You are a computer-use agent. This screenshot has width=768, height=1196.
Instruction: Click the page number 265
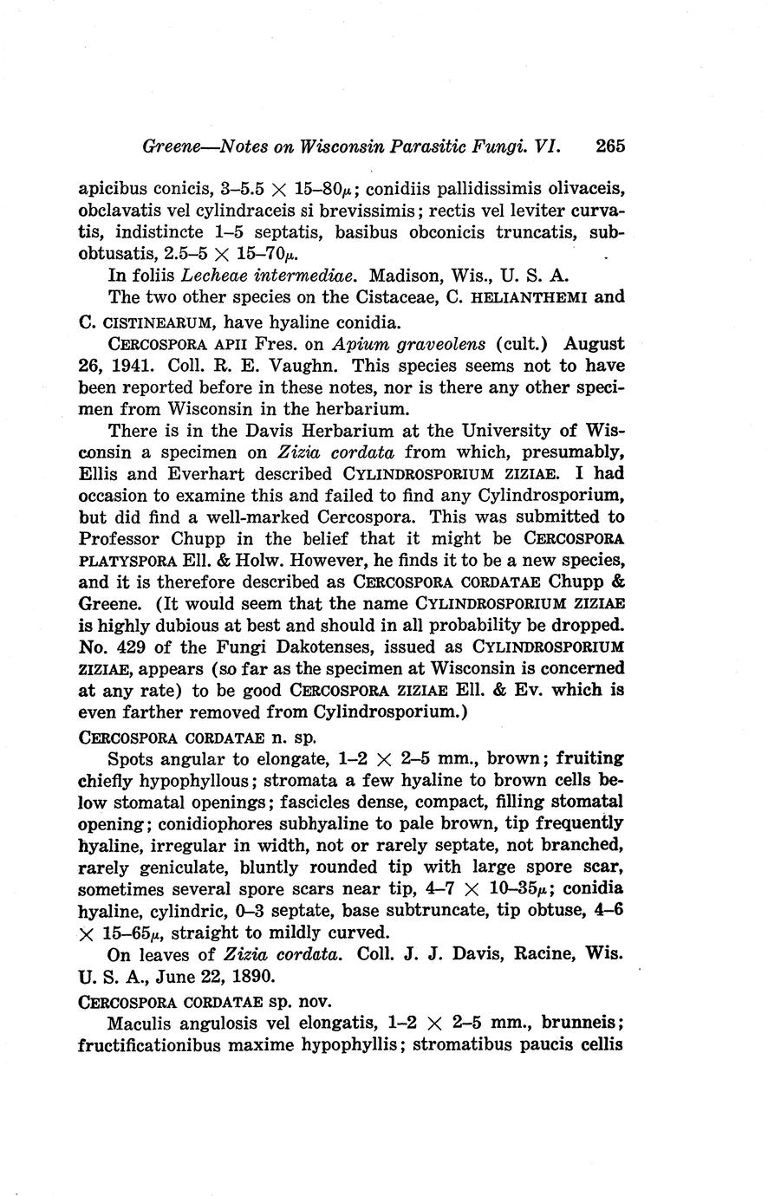(610, 146)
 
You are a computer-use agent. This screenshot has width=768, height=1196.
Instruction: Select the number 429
(128, 647)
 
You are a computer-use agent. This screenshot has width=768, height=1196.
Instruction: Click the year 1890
(254, 975)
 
